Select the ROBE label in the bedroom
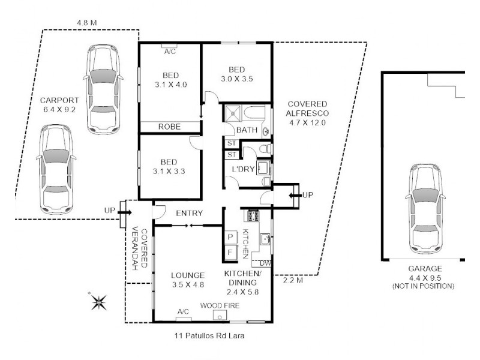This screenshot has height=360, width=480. (170, 127)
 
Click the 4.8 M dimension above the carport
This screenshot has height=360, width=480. (87, 23)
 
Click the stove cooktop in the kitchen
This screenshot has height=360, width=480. (251, 215)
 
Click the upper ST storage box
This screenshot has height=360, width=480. (230, 143)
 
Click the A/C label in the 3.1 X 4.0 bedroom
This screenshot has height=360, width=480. (170, 52)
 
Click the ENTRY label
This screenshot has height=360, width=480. (189, 213)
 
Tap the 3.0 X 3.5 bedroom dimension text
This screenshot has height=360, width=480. (238, 79)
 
